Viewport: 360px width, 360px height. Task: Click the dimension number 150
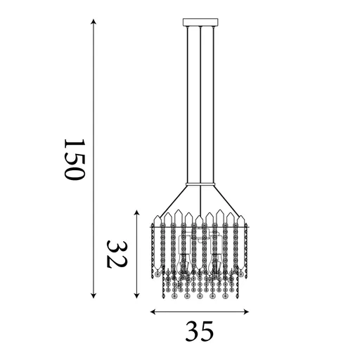[74, 160]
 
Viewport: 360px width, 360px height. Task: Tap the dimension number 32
[117, 255]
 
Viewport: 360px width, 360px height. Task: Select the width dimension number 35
[200, 331]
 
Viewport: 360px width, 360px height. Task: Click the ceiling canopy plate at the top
[200, 22]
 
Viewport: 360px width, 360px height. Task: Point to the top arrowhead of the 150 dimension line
[94, 21]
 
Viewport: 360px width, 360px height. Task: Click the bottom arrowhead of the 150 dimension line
[94, 296]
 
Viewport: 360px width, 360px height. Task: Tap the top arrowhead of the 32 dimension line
[137, 212]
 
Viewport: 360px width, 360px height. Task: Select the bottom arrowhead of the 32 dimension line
[137, 296]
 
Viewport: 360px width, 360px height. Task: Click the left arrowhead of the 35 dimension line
[153, 311]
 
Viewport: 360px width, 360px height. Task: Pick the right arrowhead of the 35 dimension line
[246, 311]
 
